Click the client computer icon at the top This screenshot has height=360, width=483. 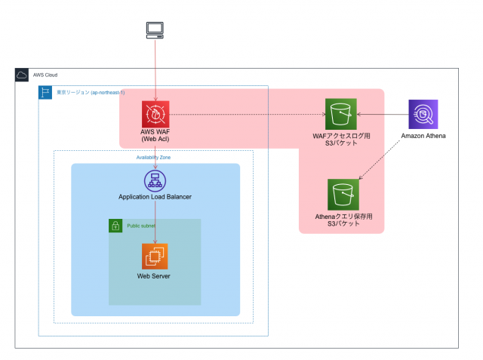(x=155, y=30)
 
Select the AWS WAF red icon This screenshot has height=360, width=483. (x=155, y=115)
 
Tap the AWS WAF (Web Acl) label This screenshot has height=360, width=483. (x=155, y=136)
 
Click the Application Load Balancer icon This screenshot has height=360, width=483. (x=155, y=180)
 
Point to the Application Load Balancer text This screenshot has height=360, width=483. (x=155, y=197)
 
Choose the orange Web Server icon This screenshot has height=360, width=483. (x=155, y=257)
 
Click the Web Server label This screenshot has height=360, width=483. (x=154, y=276)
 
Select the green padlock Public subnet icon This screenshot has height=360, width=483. (x=115, y=226)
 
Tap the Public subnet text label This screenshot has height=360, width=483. (x=141, y=226)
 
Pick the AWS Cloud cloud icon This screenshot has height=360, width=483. (x=22, y=75)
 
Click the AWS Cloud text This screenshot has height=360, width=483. (x=45, y=75)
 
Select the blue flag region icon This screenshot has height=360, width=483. (x=45, y=92)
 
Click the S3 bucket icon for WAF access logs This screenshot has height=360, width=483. (x=341, y=115)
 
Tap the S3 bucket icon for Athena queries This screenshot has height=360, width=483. (x=343, y=195)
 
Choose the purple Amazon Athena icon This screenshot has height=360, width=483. (x=423, y=115)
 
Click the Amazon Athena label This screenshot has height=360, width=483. (x=423, y=136)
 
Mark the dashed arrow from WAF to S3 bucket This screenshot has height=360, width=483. (x=249, y=115)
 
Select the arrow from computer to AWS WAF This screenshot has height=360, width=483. (x=155, y=68)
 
